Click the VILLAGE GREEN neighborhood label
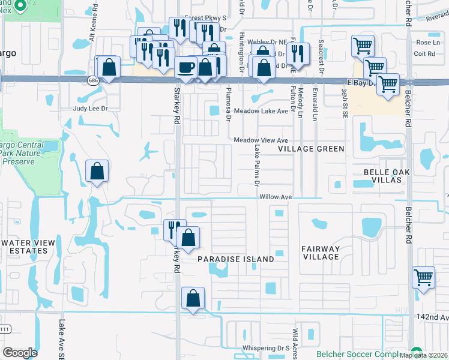coord(311,149)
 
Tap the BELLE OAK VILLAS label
coord(394,176)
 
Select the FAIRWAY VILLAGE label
coord(321,253)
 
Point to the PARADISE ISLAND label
coord(236,259)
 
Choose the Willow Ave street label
coord(276,197)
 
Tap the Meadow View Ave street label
coord(261,140)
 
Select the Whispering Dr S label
coord(266,348)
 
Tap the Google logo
coord(20,353)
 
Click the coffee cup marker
coord(186,67)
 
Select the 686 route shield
coord(92,80)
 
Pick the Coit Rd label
coord(424,53)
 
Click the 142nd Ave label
coord(435,317)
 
